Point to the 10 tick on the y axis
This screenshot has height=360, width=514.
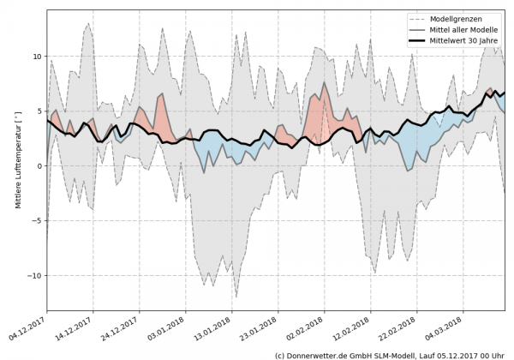tap(36, 57)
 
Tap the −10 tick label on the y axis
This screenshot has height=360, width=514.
tap(33, 276)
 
